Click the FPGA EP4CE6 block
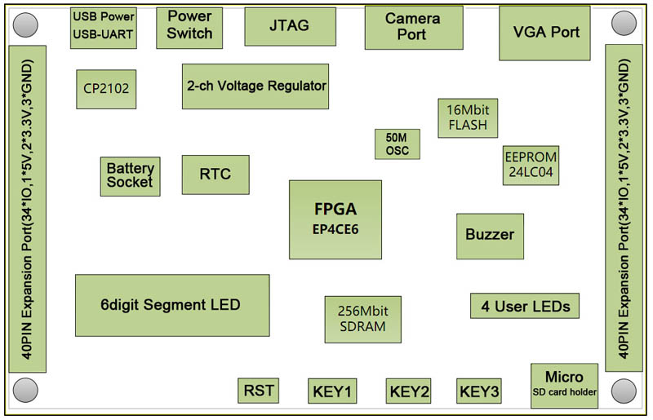coord(335,219)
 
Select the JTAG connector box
coord(289,26)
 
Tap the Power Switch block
coord(189,26)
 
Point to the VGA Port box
coord(546,33)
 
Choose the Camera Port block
coord(411,27)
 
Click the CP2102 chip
coord(106,87)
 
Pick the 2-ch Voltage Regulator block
coord(255,86)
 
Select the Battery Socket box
coord(130,176)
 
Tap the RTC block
coord(215,175)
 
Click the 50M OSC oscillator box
coord(398,144)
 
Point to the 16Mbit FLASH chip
coord(468,117)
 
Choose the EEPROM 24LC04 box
coord(531,166)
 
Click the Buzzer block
coord(490,236)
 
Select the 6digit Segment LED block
coord(171,305)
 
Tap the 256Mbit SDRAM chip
coord(362,319)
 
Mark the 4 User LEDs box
coord(525,306)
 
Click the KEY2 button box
coord(409,391)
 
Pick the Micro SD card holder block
coord(564,385)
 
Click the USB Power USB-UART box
coord(104,26)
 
